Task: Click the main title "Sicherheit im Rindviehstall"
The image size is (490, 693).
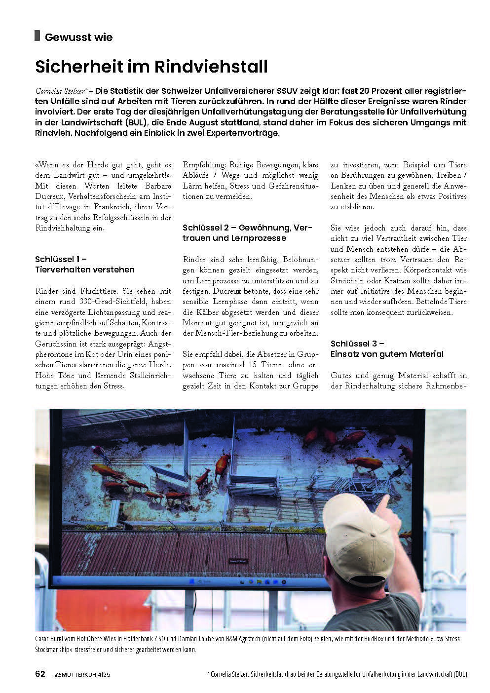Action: coord(151,66)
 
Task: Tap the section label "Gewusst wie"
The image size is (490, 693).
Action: coord(78,37)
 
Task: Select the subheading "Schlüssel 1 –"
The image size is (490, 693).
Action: coord(61,259)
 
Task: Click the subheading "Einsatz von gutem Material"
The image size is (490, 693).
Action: coord(387,354)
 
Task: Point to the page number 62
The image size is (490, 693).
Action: coord(40,674)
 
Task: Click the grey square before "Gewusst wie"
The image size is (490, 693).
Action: coord(37,36)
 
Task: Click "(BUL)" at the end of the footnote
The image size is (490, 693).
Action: coord(459,674)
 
